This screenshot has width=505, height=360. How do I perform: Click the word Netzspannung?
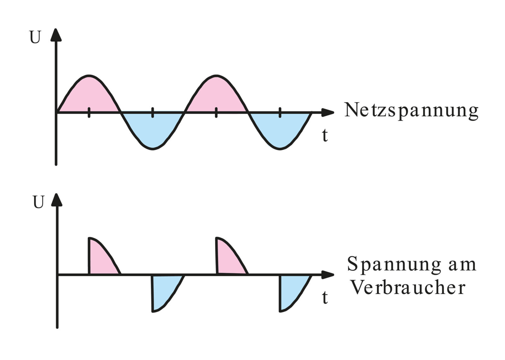[x=411, y=111]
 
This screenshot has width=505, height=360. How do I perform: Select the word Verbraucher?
[x=408, y=287]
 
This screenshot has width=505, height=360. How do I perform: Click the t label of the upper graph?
[x=325, y=135]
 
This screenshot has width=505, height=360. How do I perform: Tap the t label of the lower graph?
[x=325, y=297]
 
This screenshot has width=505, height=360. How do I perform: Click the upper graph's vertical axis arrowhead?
[x=56, y=35]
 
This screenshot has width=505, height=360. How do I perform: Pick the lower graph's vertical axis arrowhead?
[x=57, y=200]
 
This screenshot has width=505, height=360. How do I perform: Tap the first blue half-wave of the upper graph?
[x=153, y=129]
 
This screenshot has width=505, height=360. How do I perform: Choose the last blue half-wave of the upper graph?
[x=280, y=129]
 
